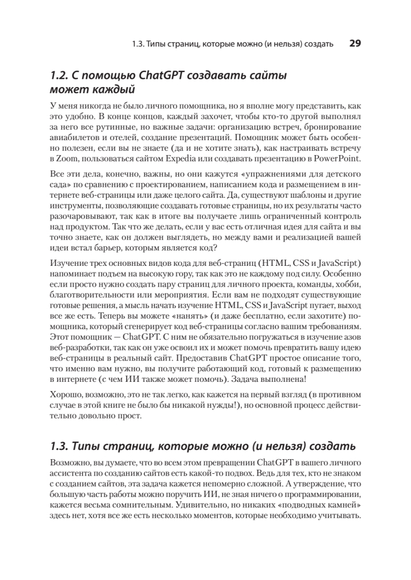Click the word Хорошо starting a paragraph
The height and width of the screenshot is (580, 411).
(x=64, y=395)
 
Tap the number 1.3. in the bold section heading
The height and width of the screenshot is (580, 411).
(x=60, y=445)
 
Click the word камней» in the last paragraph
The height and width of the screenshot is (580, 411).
(x=347, y=505)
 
